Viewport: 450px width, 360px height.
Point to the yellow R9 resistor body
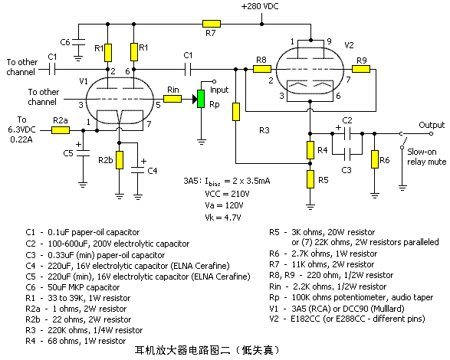[362, 69]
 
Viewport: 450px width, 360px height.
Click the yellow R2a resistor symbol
[60, 130]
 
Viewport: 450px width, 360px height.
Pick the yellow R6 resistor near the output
[373, 159]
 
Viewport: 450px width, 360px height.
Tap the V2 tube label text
[347, 45]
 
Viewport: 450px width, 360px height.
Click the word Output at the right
[431, 124]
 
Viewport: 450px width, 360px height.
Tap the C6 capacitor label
[66, 41]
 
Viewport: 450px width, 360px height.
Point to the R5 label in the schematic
[324, 179]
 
